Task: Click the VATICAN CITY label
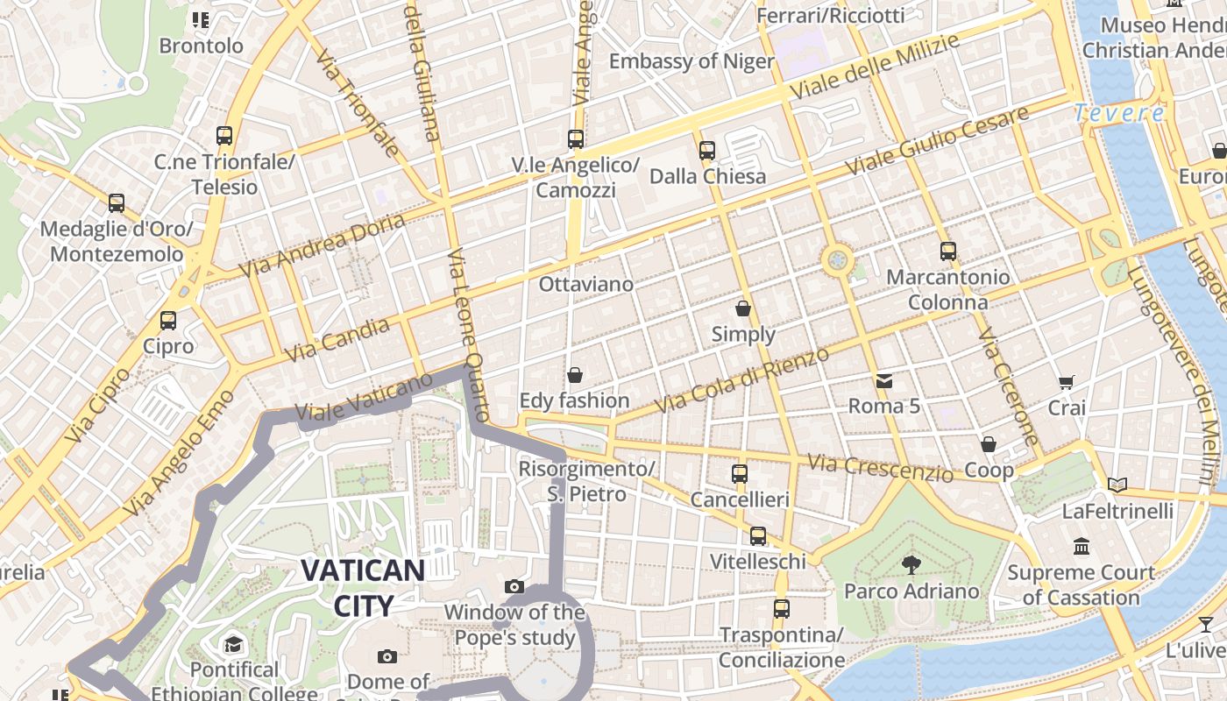click(363, 587)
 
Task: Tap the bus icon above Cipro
click(168, 321)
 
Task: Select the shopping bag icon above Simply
click(743, 308)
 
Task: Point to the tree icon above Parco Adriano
click(911, 565)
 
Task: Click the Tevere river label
click(1119, 113)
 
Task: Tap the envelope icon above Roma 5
click(883, 380)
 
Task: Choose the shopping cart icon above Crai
click(1067, 382)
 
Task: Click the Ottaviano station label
click(585, 285)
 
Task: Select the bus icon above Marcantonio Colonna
click(947, 251)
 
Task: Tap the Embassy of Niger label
click(692, 61)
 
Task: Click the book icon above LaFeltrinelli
click(1117, 485)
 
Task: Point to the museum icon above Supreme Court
click(1081, 547)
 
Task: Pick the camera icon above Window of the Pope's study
click(514, 586)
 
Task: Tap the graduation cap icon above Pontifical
click(234, 645)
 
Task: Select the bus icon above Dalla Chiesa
click(707, 151)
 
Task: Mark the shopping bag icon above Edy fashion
click(575, 375)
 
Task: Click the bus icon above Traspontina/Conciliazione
click(781, 608)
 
